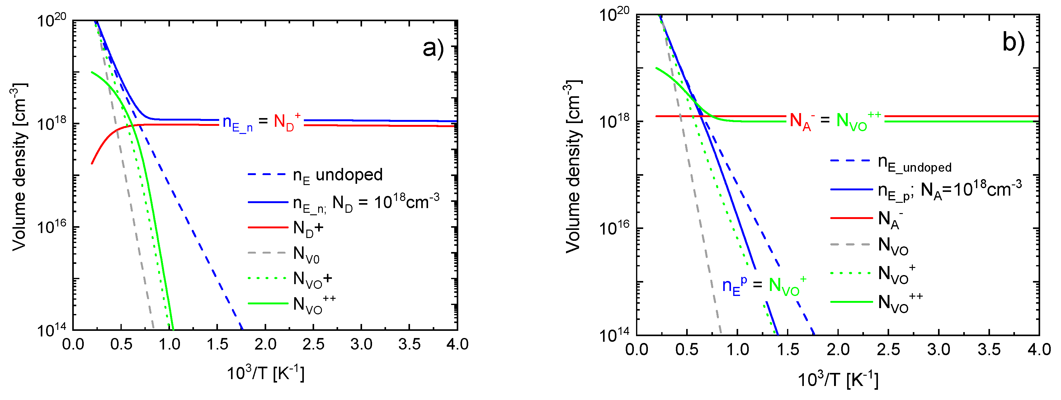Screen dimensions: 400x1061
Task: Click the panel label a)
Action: [x=433, y=49]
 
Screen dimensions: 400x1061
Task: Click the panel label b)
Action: [x=1013, y=42]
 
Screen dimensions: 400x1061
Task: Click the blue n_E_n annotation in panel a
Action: [x=237, y=123]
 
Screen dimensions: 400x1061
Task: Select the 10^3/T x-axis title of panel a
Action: [x=266, y=373]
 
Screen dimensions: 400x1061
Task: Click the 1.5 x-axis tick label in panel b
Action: [x=788, y=350]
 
